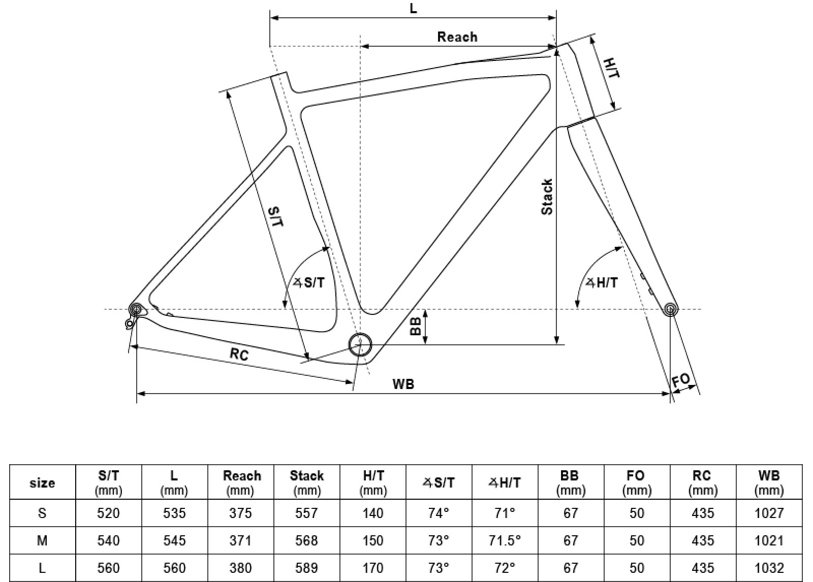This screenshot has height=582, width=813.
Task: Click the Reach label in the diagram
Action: [x=457, y=37]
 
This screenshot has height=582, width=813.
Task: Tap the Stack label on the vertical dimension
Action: [x=547, y=197]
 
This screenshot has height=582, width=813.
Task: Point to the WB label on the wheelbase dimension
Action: [x=403, y=384]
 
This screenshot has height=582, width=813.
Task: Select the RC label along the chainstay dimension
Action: [x=239, y=354]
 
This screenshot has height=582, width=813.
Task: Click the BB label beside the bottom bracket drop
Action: [x=416, y=326]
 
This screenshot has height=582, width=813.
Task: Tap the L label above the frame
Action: [x=413, y=9]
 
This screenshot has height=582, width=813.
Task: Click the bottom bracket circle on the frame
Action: [x=360, y=344]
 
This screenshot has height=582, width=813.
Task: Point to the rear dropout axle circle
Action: [x=136, y=309]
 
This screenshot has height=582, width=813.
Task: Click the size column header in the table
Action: [x=42, y=482]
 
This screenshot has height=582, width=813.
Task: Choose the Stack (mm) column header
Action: [x=307, y=482]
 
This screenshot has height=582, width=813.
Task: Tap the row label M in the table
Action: [x=42, y=540]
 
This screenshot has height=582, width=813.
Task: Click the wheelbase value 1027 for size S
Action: [x=769, y=513]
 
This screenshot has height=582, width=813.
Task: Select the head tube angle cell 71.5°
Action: [x=505, y=540]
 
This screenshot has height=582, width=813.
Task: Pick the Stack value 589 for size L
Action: [x=307, y=567]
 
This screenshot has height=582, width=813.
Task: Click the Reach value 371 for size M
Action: [x=240, y=540]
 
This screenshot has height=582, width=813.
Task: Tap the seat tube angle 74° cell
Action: [x=439, y=513]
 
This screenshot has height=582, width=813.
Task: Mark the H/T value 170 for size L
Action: [x=373, y=567]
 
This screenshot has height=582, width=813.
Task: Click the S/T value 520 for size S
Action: [x=108, y=513]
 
